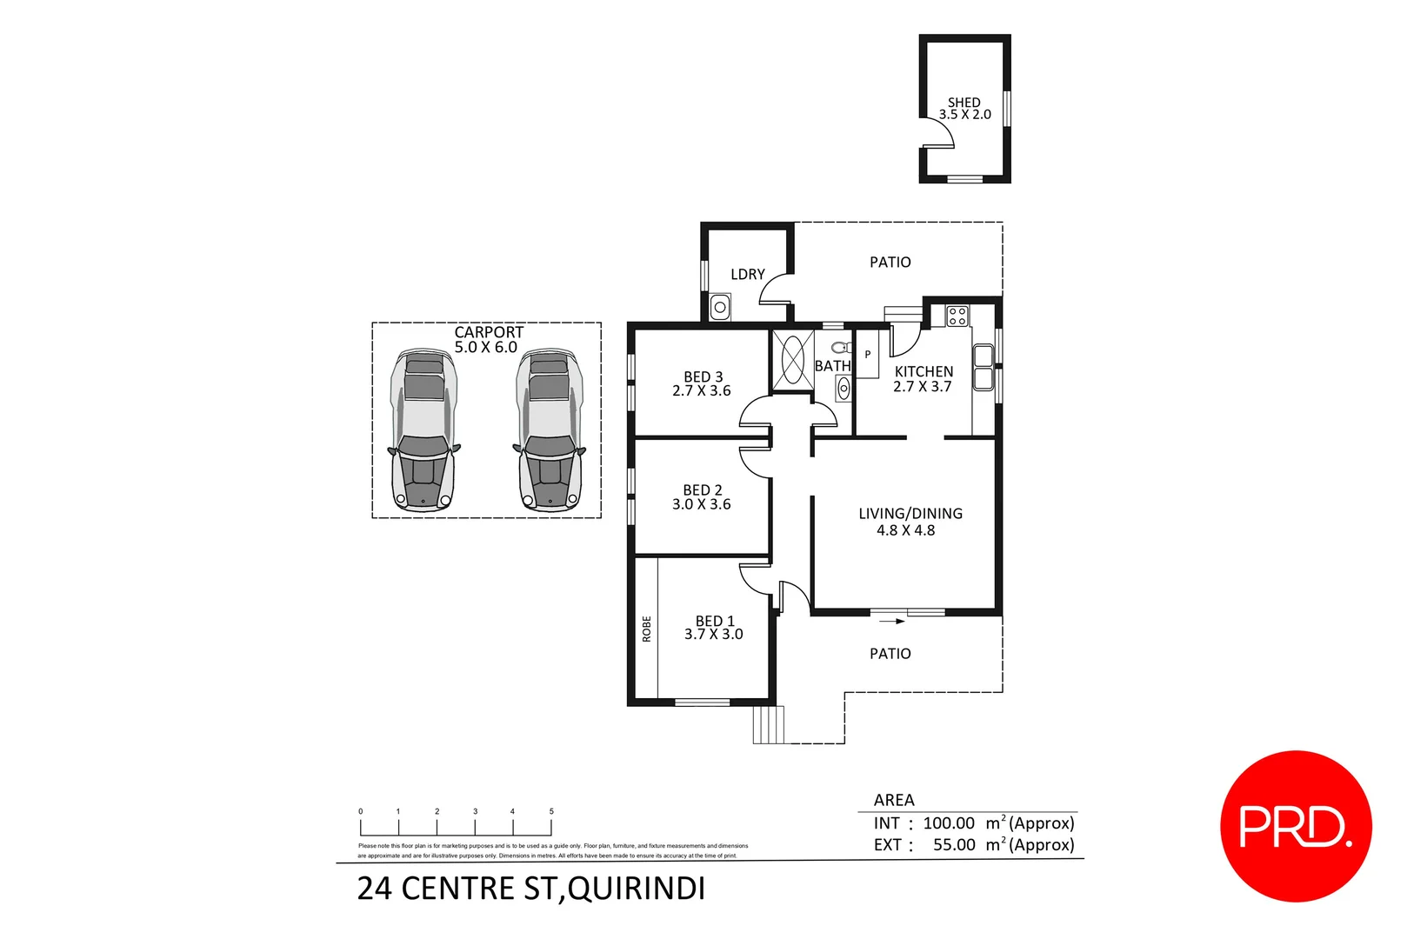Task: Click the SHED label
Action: coord(964,103)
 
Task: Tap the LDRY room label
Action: coord(747,275)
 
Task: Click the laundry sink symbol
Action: coord(720,307)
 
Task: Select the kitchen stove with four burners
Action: coord(957,316)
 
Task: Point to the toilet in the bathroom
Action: coord(840,349)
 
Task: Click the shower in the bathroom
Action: coord(792,358)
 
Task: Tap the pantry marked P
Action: coord(867,355)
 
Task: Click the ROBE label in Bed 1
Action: coord(646,629)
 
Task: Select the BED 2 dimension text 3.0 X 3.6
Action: coord(701,504)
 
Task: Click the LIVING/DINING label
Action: coord(910,514)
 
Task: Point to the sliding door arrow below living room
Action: coord(891,621)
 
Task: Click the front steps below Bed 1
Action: coord(768,724)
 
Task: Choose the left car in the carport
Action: coord(423,430)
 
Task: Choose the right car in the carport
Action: coord(549,430)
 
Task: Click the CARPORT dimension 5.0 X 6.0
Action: coord(485,348)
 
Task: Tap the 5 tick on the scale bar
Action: coord(551,812)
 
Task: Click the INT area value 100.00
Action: coord(948,823)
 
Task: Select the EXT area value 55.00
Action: coord(953,845)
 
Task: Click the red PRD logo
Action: coord(1295,826)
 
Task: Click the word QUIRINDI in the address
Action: coord(637,889)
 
